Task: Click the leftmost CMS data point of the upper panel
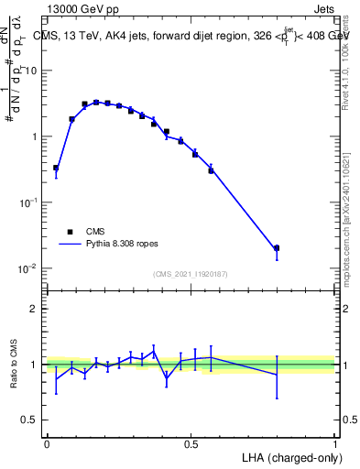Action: pyautogui.click(x=56, y=168)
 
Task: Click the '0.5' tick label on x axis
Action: pyautogui.click(x=191, y=443)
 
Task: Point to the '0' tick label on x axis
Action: pyautogui.click(x=47, y=443)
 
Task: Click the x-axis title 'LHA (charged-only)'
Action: pyautogui.click(x=288, y=457)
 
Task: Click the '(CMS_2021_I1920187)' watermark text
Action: pyautogui.click(x=191, y=274)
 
